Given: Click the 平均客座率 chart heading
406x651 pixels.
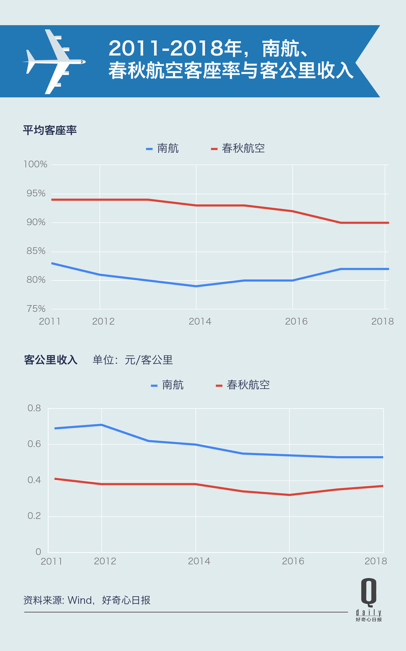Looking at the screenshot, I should pyautogui.click(x=50, y=130).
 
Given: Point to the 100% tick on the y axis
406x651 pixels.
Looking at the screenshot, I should pyautogui.click(x=35, y=164).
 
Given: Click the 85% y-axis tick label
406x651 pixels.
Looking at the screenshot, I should pyautogui.click(x=36, y=251).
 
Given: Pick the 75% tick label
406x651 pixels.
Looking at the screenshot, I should pyautogui.click(x=36, y=309).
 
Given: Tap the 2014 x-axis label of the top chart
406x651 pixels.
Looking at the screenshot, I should pyautogui.click(x=200, y=321).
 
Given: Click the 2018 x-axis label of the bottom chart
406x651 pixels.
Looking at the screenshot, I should pyautogui.click(x=376, y=561).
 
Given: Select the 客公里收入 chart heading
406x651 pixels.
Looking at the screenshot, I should pyautogui.click(x=51, y=360).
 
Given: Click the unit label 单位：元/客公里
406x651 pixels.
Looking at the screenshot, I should pyautogui.click(x=133, y=360).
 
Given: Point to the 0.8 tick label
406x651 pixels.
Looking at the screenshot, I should pyautogui.click(x=34, y=408).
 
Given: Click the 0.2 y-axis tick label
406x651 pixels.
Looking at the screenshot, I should pyautogui.click(x=34, y=516).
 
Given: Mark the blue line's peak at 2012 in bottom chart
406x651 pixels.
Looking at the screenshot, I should pyautogui.click(x=101, y=425).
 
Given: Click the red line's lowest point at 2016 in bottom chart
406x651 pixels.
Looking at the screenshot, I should pyautogui.click(x=289, y=495).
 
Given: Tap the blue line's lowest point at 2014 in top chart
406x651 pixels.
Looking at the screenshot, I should pyautogui.click(x=196, y=286).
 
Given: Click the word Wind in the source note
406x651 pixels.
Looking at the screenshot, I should pyautogui.click(x=80, y=600).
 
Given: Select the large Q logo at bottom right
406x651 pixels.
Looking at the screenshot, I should pyautogui.click(x=369, y=592).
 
